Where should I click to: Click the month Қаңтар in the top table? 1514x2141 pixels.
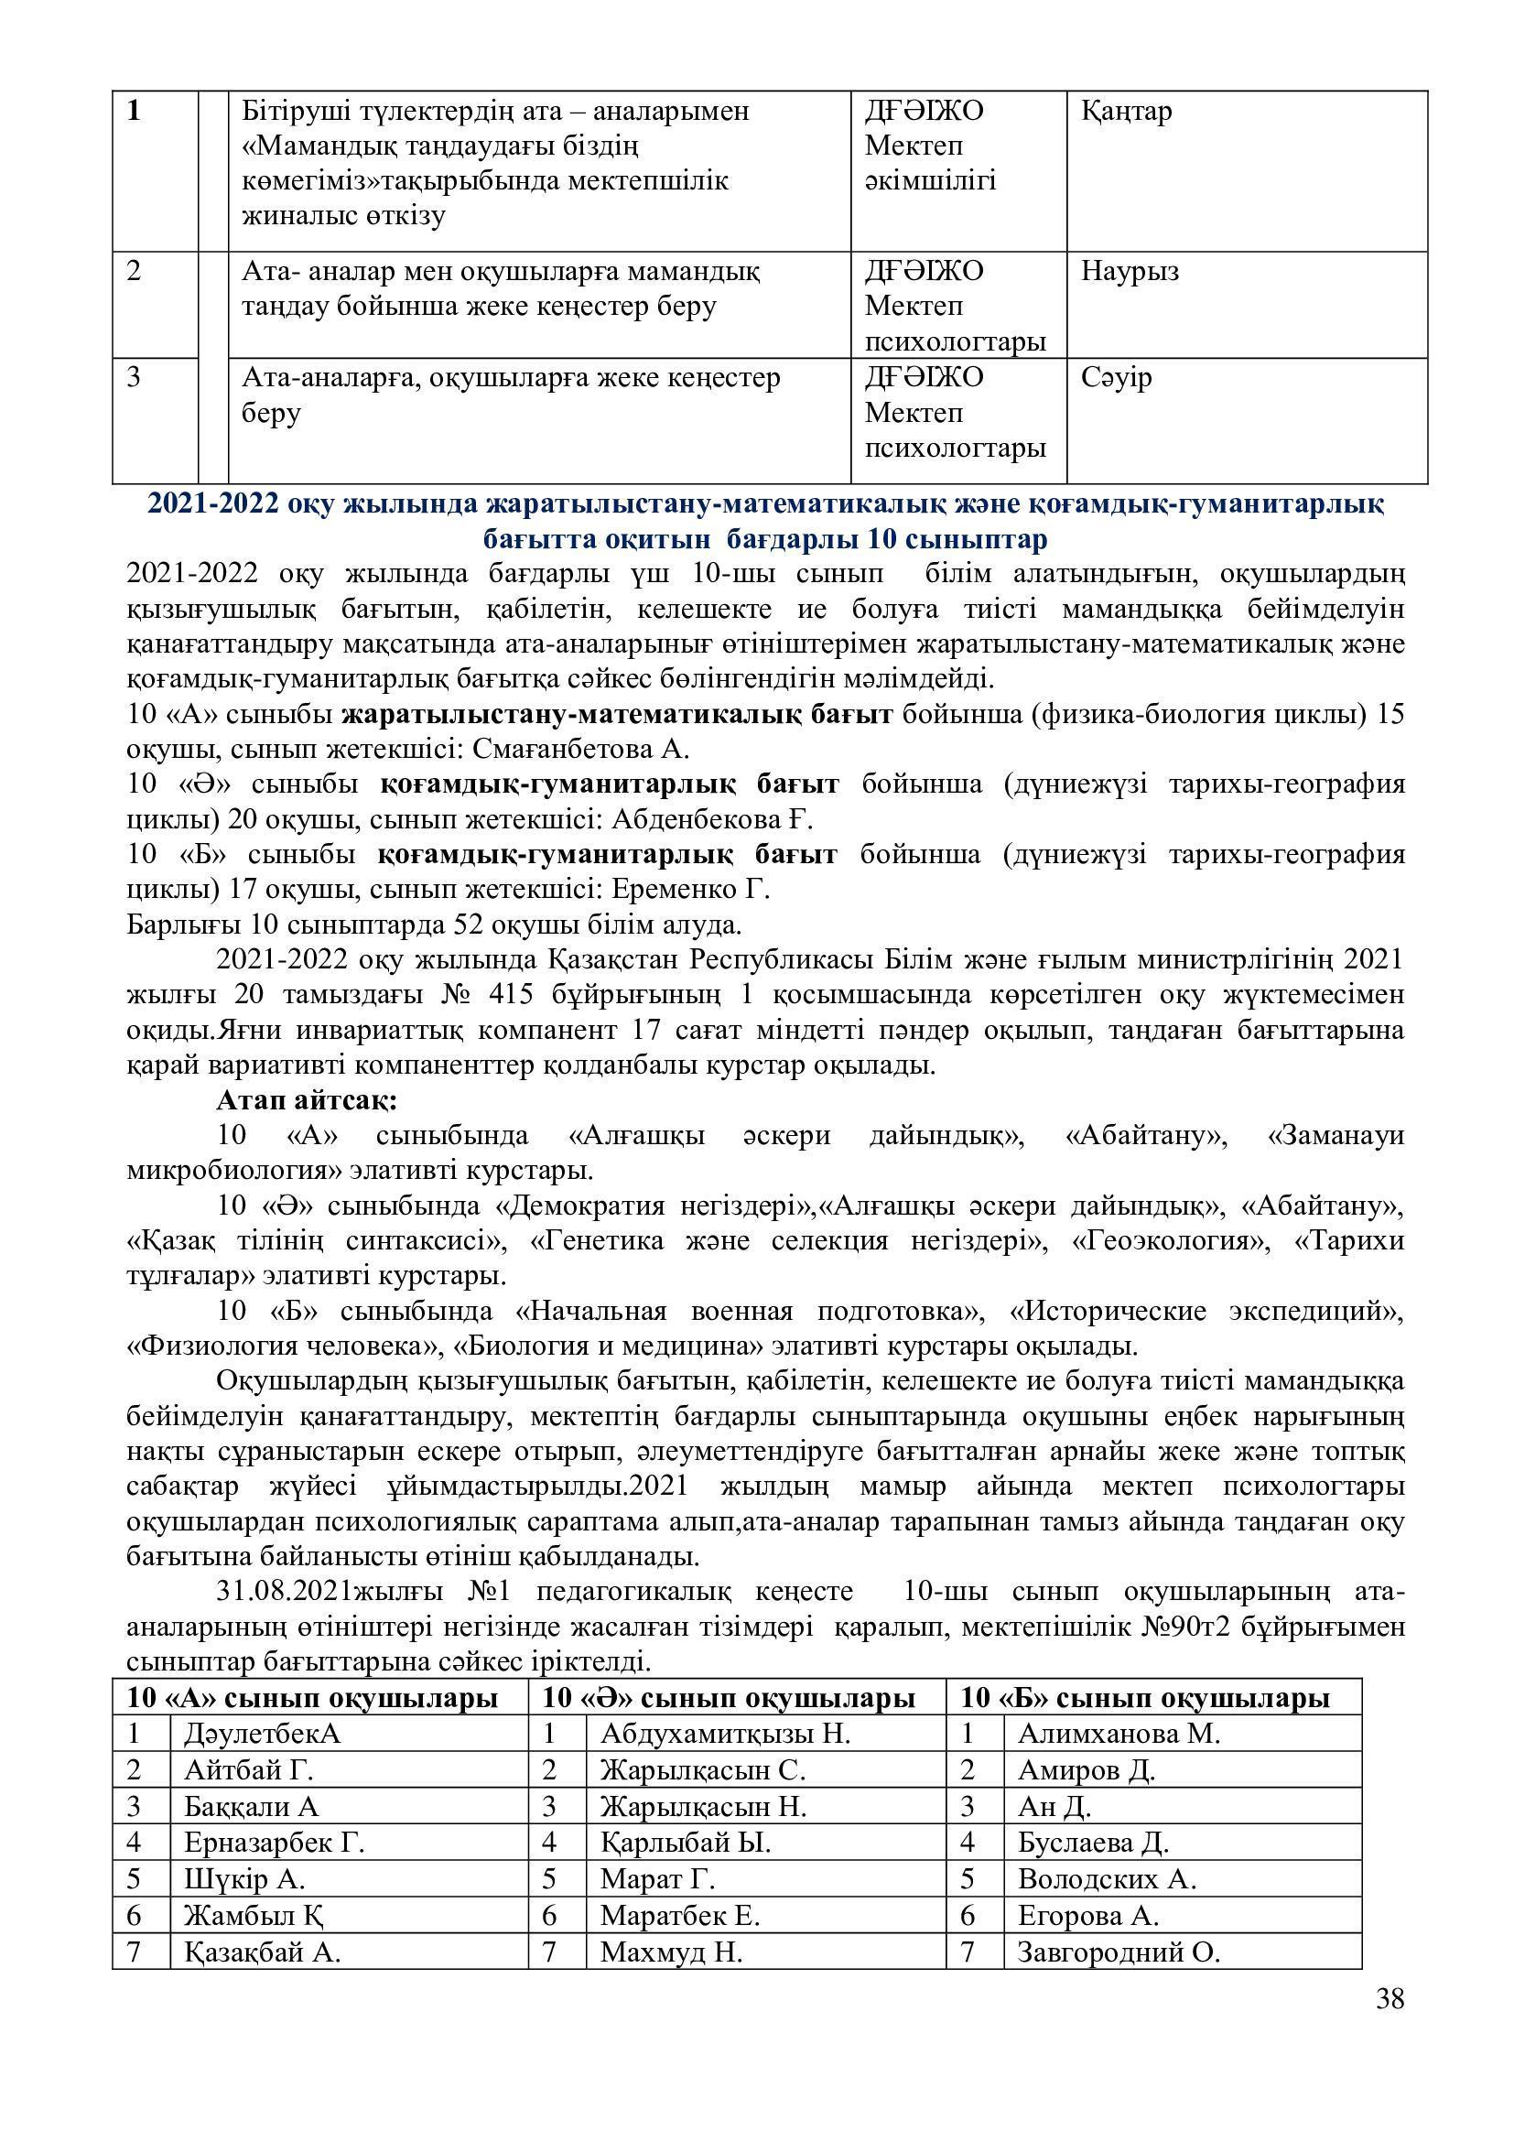(1126, 111)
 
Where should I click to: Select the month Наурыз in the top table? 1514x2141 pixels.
(1130, 271)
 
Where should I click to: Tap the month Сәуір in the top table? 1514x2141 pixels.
(1117, 378)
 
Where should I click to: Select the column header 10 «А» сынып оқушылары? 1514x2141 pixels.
(312, 1698)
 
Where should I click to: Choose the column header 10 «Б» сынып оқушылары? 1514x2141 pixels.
(1145, 1698)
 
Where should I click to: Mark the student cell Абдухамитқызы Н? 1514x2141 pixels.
(725, 1734)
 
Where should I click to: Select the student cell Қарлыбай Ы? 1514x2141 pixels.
(686, 1843)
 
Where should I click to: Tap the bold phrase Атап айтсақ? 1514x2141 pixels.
(307, 1100)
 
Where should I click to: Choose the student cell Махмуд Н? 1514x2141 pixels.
(671, 1952)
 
